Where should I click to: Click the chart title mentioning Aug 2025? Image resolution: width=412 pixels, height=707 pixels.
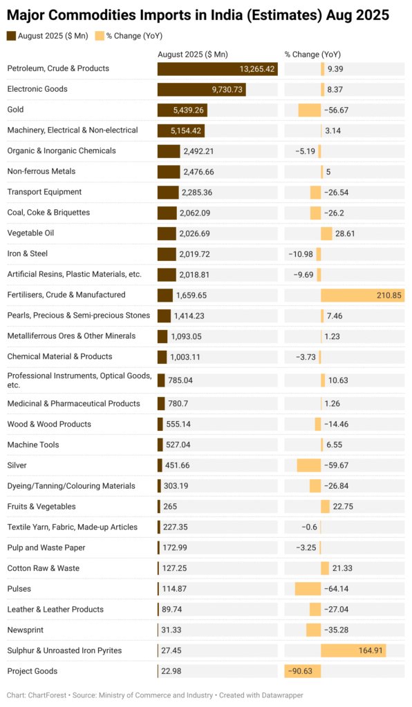pos(198,15)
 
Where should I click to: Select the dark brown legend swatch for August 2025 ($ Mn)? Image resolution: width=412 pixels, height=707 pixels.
pos(11,36)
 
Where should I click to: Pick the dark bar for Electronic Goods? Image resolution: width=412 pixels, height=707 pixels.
pos(201,90)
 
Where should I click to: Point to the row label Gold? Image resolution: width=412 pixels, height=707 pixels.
pos(16,110)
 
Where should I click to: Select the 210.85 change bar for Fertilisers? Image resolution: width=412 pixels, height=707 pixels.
pos(362,296)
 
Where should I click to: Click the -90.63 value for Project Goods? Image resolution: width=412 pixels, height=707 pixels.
pos(299,672)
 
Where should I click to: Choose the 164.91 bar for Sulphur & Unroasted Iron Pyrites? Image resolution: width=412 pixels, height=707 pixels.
pos(353,651)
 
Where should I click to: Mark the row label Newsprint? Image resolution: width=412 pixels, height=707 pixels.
pos(25,630)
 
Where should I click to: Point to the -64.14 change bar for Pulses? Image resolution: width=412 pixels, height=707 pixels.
pos(308,589)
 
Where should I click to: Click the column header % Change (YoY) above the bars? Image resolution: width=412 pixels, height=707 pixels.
pos(312,55)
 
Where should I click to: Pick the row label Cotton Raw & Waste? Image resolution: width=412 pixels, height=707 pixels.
pos(43,568)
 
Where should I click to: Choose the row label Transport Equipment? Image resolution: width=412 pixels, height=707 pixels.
pos(44,192)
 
